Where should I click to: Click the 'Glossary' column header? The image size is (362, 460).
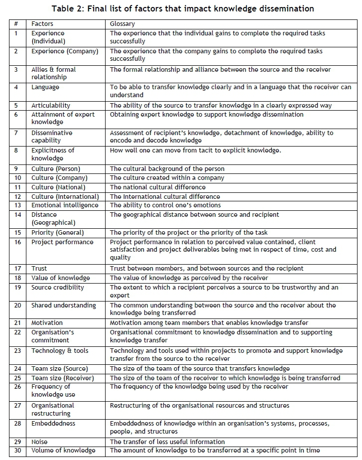[x=122, y=24]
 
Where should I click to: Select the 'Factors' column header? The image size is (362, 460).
[x=43, y=24]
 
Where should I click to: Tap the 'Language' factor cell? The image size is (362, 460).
[x=45, y=87]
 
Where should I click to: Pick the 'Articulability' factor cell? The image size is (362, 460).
[x=51, y=106]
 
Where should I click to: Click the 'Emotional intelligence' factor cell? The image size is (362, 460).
[x=65, y=205]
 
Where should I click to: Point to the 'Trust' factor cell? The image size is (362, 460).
[x=39, y=269]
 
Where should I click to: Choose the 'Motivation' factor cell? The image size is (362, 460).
[x=47, y=323]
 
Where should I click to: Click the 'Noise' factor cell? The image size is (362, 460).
[x=40, y=442]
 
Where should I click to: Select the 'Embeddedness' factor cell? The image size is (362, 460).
[x=53, y=423]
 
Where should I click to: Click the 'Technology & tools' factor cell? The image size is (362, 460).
[x=60, y=351]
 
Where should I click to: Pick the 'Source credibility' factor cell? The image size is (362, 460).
[x=58, y=288]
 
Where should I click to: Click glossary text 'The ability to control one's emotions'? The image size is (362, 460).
[x=165, y=205]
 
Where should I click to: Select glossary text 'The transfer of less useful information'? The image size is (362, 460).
[x=167, y=442]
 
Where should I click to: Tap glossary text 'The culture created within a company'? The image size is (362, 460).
[x=168, y=178]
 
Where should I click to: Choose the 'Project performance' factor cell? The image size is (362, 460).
[x=62, y=242]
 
